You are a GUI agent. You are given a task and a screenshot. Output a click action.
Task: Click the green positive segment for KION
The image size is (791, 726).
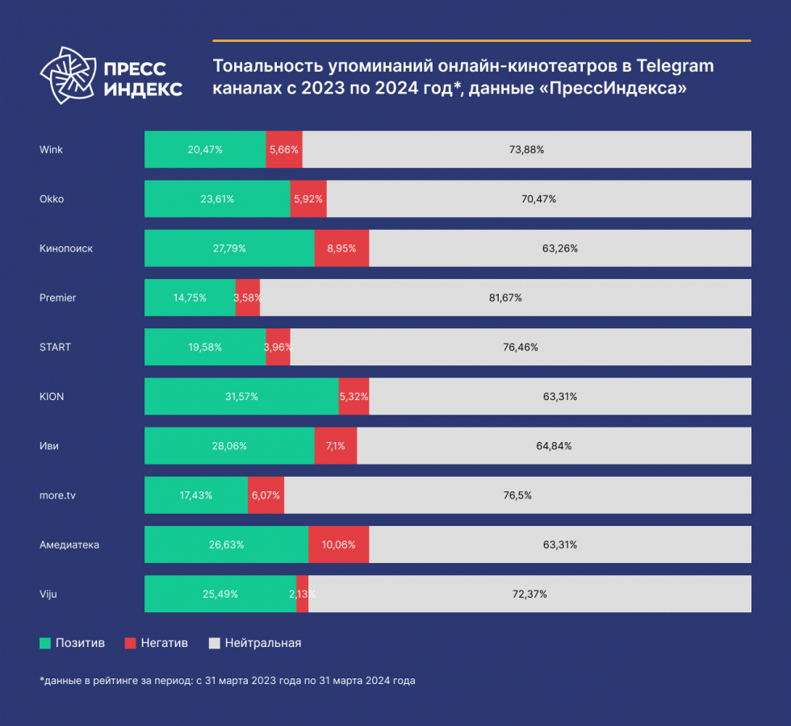click(x=241, y=396)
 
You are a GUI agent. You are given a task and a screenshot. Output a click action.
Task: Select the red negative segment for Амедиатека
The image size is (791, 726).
click(x=338, y=544)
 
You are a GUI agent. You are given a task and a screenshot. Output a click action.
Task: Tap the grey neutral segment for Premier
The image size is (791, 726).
click(x=505, y=298)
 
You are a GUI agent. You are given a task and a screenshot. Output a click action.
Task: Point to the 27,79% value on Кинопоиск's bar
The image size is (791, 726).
click(x=229, y=248)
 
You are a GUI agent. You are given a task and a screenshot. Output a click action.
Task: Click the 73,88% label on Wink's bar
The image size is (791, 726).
click(x=527, y=149)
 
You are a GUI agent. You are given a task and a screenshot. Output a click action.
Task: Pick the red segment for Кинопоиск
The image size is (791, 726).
click(x=341, y=248)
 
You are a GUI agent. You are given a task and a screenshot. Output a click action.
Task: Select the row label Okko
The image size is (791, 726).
click(x=51, y=198)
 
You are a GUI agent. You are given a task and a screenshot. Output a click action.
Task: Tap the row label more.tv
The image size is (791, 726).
click(x=57, y=495)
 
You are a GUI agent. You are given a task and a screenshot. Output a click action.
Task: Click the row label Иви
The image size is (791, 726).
click(x=48, y=445)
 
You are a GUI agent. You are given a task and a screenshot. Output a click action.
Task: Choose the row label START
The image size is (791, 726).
click(x=55, y=347)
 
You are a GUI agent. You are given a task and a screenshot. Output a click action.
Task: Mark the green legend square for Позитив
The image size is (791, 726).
click(x=45, y=643)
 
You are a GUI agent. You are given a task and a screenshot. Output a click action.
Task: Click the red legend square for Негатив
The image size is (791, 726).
click(x=130, y=643)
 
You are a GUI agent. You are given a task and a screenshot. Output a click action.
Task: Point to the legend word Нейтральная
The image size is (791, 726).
click(x=263, y=643)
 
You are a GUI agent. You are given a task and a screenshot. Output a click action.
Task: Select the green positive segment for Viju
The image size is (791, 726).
click(x=220, y=594)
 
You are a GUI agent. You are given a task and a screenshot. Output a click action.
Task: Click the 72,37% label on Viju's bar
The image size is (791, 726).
click(x=529, y=595)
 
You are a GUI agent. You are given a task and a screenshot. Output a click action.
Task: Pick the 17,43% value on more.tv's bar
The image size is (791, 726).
click(x=195, y=495)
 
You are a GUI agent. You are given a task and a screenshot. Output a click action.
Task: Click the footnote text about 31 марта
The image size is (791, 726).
click(x=227, y=681)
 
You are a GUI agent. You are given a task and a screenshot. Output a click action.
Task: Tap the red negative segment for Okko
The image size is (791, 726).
click(x=308, y=198)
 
